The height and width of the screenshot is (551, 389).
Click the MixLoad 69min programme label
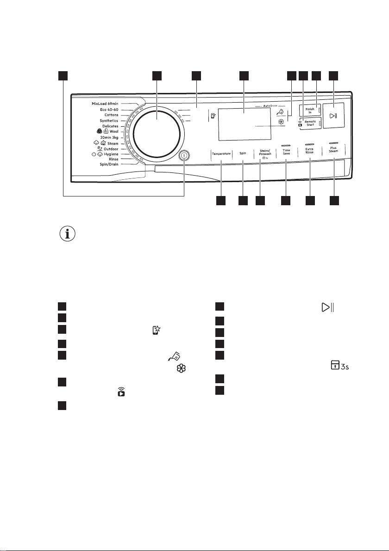coord(105,104)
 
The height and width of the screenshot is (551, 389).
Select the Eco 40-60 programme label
coord(109,110)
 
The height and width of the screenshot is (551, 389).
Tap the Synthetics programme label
coord(109,121)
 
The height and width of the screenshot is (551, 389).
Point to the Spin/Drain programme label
coord(109,164)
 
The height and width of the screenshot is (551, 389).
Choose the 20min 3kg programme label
coord(109,137)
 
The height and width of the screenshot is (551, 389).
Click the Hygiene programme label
coord(111,154)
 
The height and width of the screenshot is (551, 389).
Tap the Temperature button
coord(221,153)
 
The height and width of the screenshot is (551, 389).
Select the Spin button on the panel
coord(243,153)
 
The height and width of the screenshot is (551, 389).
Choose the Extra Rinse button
coord(309,151)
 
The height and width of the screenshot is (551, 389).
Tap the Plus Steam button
coord(333,150)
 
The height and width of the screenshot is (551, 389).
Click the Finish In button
coord(310,110)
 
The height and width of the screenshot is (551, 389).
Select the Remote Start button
coord(310,123)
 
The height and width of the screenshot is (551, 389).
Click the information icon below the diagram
coord(68,234)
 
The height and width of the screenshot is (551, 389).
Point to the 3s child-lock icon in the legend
coord(340,366)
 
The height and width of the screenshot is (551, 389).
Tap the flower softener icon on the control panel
coord(281,122)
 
